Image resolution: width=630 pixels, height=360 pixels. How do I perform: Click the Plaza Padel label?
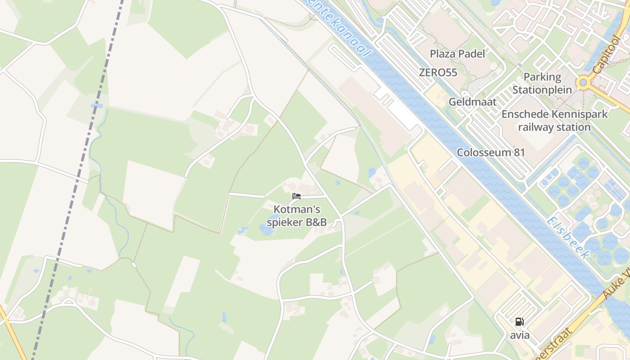click(457, 54)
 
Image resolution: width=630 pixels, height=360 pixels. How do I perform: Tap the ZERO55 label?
click(438, 72)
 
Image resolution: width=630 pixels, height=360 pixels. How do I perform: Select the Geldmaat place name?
click(472, 102)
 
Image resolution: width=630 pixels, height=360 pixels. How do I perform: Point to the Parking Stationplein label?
click(542, 83)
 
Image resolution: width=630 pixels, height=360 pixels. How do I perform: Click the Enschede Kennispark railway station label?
click(554, 121)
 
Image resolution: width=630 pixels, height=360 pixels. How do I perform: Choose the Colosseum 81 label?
click(491, 152)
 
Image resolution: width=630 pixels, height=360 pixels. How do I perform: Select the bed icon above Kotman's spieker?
click(296, 196)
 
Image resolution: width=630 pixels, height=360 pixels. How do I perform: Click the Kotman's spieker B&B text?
click(297, 216)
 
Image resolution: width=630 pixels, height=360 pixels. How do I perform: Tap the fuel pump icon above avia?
click(519, 322)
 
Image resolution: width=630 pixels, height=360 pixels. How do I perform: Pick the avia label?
click(520, 335)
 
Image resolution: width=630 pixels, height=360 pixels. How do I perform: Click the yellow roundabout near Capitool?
click(584, 82)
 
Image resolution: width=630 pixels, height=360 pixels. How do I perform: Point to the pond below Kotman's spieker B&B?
click(266, 230)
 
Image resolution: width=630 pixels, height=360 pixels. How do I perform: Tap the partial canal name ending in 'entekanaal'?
click(346, 29)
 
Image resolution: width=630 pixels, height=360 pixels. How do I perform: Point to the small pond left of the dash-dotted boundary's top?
click(96, 106)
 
